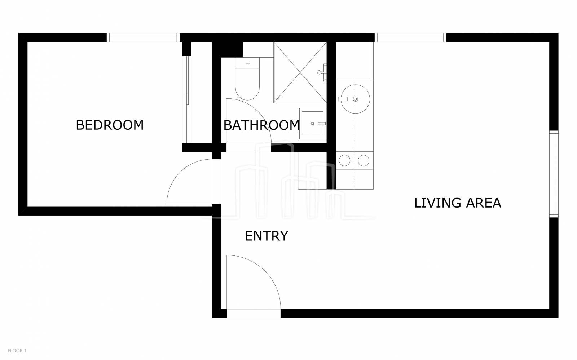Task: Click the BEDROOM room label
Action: (110, 125)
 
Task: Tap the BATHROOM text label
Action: (261, 125)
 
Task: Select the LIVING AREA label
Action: (458, 203)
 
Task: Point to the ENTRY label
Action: (267, 236)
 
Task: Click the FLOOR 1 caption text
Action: (17, 351)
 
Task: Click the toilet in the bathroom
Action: (247, 79)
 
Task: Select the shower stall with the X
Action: (300, 72)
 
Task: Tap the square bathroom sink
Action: (313, 123)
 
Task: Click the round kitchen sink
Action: (356, 99)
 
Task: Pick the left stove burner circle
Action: (344, 161)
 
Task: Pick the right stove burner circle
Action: (364, 161)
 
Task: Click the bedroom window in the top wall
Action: (143, 37)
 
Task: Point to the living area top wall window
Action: (410, 37)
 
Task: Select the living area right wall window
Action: (554, 174)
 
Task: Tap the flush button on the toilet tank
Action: (248, 63)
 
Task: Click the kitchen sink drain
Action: (356, 99)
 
